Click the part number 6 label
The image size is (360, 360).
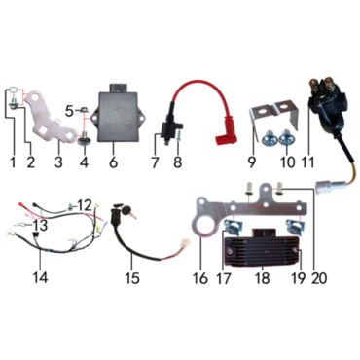click(113, 162)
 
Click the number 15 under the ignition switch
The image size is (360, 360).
click(132, 277)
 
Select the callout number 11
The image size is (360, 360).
click(307, 162)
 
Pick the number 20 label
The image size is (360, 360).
click(319, 277)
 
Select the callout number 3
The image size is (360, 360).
click(58, 162)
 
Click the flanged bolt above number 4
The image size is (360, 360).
click(84, 138)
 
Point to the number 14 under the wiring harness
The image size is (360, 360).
click(40, 277)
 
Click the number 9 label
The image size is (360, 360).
click(252, 162)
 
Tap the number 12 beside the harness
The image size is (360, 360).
click(85, 205)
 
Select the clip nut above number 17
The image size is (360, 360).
click(233, 227)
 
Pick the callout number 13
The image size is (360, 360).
click(40, 225)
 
